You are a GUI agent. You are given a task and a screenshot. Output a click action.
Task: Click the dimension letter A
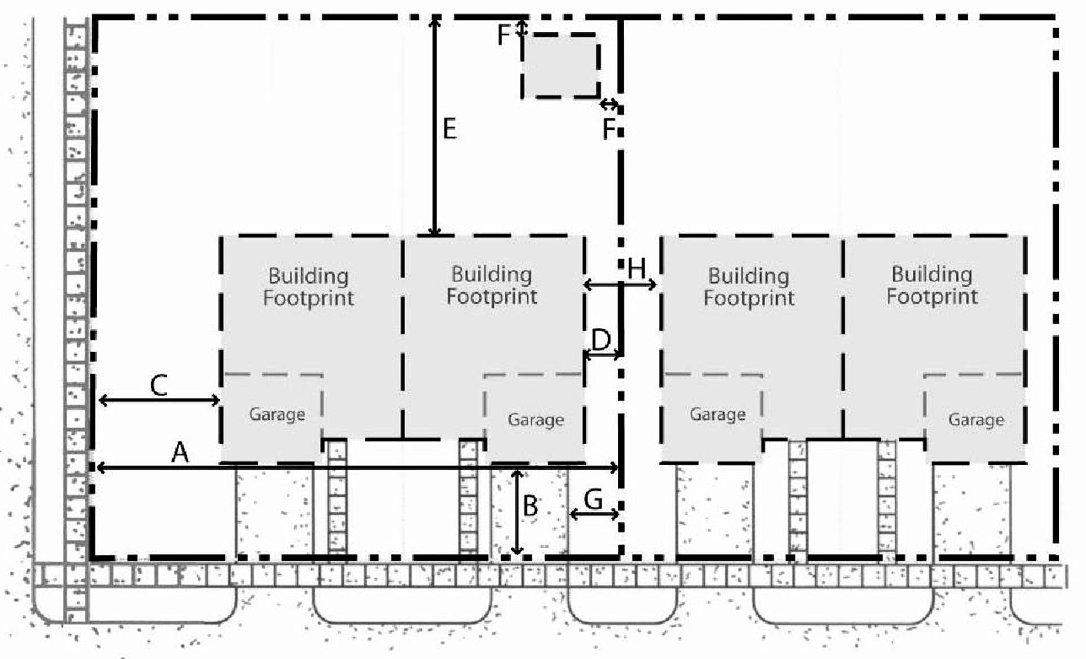(180, 452)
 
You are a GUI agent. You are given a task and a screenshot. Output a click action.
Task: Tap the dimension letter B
(530, 505)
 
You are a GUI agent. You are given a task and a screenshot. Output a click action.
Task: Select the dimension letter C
(159, 386)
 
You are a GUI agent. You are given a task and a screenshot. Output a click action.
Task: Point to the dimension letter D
(601, 340)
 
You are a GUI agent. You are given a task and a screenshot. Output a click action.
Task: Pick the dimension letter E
(449, 129)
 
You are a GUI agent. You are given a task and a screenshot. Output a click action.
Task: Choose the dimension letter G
(594, 499)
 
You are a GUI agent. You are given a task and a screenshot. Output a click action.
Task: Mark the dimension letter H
(637, 268)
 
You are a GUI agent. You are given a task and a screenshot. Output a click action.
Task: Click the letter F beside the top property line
(504, 35)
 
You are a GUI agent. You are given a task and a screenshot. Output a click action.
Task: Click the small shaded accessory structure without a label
(561, 66)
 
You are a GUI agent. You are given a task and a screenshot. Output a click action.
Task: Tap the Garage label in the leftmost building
(277, 414)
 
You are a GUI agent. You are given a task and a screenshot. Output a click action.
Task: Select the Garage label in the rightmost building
(976, 419)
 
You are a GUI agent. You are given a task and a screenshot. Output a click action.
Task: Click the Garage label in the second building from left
(535, 419)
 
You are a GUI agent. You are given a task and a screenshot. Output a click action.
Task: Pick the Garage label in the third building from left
(718, 414)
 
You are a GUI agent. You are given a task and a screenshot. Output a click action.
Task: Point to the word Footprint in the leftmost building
(309, 298)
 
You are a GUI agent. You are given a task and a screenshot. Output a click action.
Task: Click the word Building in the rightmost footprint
(932, 275)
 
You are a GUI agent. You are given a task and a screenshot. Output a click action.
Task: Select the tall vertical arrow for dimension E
(435, 127)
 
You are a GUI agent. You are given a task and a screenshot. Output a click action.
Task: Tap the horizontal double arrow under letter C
(159, 400)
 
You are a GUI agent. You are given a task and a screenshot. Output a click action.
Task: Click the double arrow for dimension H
(620, 284)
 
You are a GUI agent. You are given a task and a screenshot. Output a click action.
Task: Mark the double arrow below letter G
(594, 514)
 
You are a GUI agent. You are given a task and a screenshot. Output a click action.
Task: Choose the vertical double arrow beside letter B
(518, 512)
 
